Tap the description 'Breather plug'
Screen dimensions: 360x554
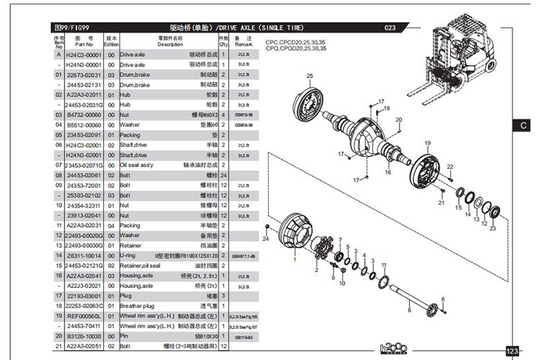[x=136, y=305]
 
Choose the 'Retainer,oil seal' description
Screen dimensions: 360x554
[x=140, y=265]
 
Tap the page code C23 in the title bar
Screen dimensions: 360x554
[x=390, y=28]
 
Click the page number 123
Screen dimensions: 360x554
[x=512, y=352]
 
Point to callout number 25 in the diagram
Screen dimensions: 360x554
[x=310, y=76]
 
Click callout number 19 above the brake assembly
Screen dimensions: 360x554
[x=427, y=143]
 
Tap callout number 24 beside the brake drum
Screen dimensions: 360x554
[x=265, y=239]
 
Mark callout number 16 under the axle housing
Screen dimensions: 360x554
[x=388, y=172]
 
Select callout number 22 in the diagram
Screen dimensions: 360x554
[x=449, y=167]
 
